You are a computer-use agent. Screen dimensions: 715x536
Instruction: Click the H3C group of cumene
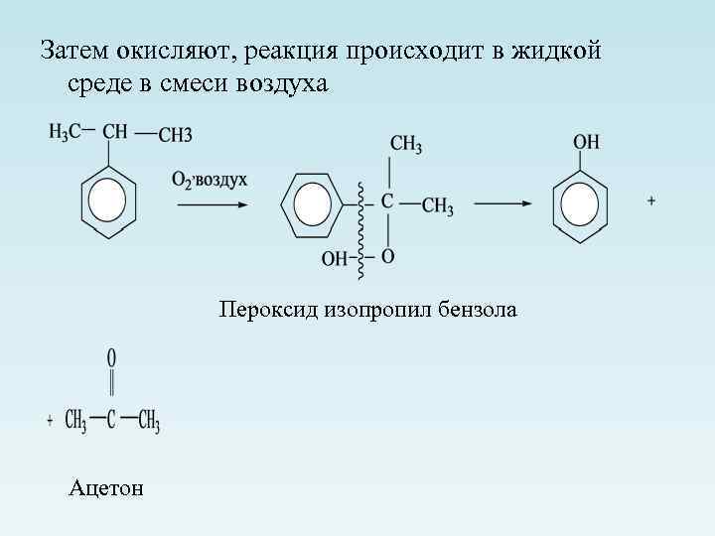66,133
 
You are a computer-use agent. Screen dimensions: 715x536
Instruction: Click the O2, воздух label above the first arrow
210,180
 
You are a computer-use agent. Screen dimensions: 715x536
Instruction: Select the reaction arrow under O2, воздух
213,205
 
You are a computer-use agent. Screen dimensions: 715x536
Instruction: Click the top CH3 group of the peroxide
406,146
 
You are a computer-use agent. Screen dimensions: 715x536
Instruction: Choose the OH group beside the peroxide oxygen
334,259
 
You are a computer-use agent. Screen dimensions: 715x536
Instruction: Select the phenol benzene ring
580,205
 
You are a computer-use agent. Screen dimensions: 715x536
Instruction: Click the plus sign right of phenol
652,201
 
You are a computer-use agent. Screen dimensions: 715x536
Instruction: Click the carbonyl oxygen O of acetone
111,355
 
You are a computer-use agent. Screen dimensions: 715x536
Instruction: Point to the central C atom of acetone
111,421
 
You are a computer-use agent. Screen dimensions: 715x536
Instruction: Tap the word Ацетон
106,487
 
